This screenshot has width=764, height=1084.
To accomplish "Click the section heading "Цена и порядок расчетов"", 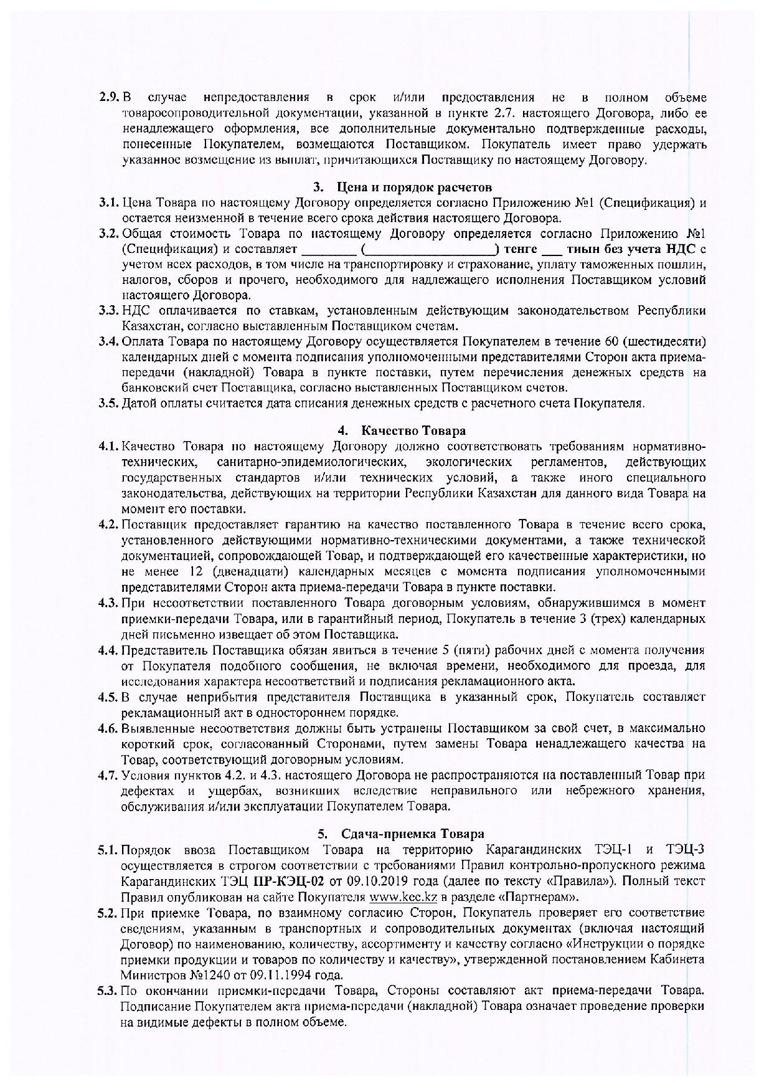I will point(413,187).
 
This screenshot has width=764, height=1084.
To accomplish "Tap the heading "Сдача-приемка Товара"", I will point(412,834).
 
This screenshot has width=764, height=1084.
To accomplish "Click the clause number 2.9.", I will point(109,98).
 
